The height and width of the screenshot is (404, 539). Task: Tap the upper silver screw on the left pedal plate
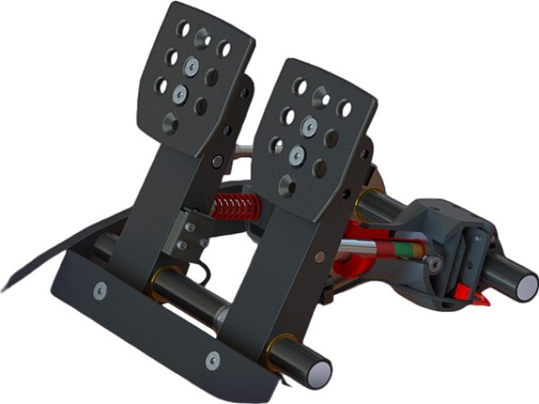tap(192, 67)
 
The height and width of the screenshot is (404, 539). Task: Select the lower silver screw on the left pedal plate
tap(179, 95)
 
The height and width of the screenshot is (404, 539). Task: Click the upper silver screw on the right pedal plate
tap(309, 126)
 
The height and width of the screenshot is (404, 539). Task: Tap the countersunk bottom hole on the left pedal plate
tap(170, 123)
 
